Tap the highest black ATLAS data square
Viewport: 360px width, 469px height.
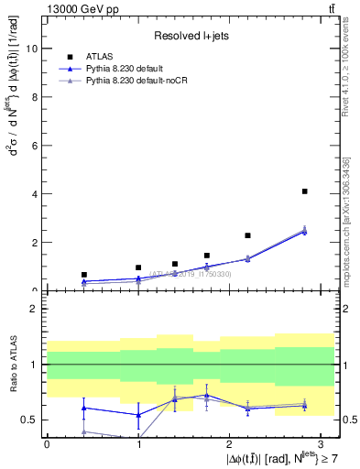point(304,191)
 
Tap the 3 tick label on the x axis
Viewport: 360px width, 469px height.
point(321,444)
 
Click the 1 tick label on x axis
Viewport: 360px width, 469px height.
point(138,444)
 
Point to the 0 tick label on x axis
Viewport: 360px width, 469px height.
point(47,444)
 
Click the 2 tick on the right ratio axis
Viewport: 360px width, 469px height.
point(344,309)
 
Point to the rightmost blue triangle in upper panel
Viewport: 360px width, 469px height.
point(304,232)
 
